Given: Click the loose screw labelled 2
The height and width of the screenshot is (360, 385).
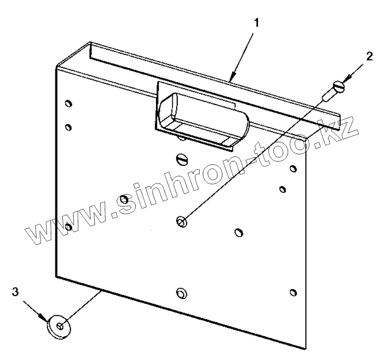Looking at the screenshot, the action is pos(334,89).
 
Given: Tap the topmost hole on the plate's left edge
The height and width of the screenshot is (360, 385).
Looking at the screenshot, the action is pos(68,104).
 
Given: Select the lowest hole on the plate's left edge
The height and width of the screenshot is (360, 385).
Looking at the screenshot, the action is pos(68,227).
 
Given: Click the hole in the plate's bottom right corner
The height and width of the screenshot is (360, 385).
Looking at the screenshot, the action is pos(293,292).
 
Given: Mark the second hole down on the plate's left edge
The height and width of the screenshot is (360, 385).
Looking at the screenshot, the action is pos(68,127).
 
